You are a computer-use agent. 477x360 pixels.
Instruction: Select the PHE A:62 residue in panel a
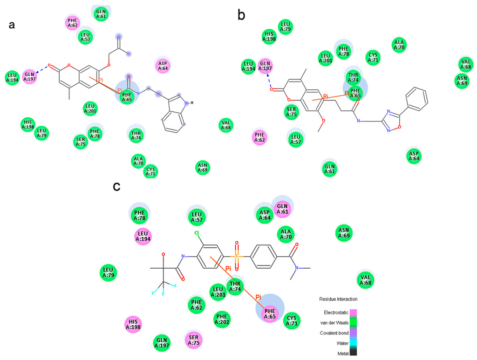[72, 22]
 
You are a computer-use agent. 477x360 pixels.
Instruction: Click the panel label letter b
[241, 15]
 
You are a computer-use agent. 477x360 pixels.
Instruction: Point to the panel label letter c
[118, 186]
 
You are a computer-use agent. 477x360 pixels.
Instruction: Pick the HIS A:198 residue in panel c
[133, 325]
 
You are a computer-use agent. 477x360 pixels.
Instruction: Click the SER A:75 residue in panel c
[193, 340]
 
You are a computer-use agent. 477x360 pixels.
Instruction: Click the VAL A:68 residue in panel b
[465, 64]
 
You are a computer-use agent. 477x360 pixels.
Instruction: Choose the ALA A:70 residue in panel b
[399, 45]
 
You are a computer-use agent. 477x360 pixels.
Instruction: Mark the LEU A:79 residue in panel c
[109, 272]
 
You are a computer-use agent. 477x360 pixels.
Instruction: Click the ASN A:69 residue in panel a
[202, 167]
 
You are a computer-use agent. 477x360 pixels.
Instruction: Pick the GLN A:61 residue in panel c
[282, 209]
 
